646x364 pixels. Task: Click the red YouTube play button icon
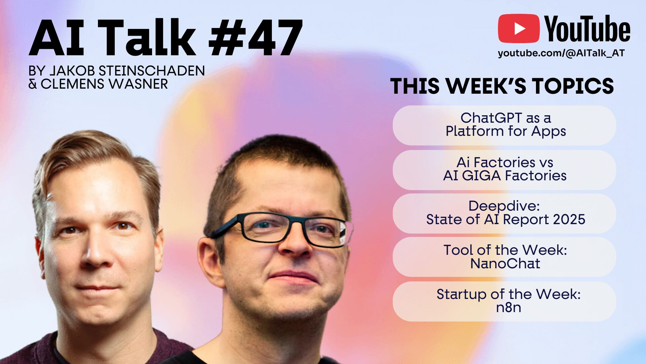coord(518,28)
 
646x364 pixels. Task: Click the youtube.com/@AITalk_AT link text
coord(561,53)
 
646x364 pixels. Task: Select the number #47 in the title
coord(256,38)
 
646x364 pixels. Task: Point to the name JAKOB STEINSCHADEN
coord(127,71)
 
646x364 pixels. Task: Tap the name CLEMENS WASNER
coord(104,84)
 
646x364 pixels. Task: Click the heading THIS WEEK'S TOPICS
coord(502,86)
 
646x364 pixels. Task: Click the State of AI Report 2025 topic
coord(505,219)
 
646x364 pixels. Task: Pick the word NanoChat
coord(505,264)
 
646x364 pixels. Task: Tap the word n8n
coord(508,308)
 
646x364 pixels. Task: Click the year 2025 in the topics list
coord(569,219)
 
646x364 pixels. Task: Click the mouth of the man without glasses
coord(98,289)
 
